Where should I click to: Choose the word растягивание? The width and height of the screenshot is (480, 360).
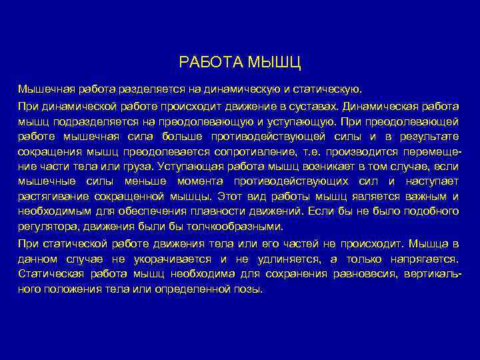pos(51,196)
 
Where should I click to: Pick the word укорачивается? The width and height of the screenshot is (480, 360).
pos(180,258)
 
